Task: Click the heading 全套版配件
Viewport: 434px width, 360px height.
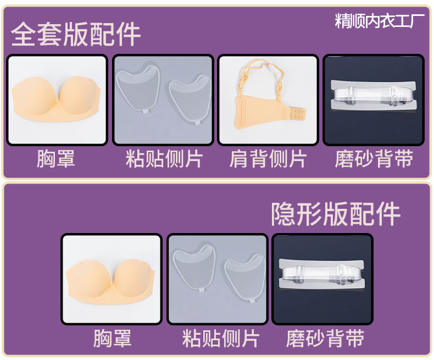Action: point(76,34)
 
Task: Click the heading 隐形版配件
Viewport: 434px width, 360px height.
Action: point(336,213)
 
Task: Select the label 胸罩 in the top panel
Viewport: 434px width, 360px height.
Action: point(56,159)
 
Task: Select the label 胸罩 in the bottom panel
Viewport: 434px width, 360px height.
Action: point(113,338)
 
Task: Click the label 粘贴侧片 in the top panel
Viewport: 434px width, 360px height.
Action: point(164,159)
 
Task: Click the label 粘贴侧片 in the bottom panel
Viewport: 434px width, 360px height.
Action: point(221,338)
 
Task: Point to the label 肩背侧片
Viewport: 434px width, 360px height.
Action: point(268,159)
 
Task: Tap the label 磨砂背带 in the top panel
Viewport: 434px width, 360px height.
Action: point(374,159)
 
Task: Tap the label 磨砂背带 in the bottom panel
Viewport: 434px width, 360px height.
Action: point(325,338)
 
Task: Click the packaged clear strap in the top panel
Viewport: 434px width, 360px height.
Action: point(374,96)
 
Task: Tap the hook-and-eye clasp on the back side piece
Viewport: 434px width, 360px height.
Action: point(297,114)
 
